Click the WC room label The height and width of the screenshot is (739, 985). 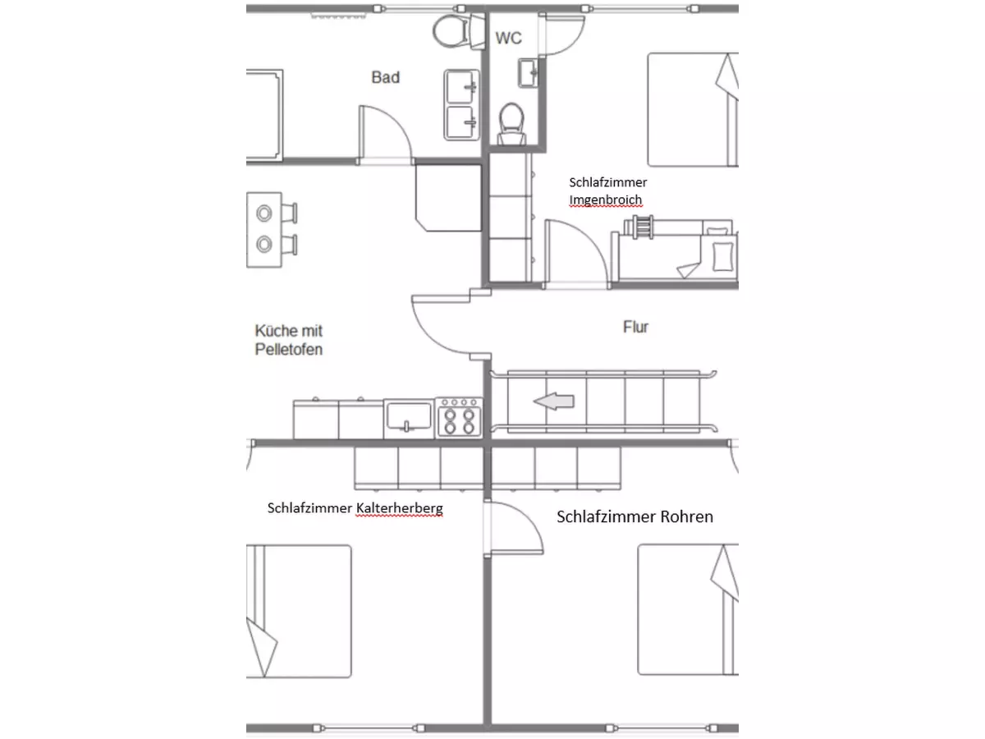pyautogui.click(x=508, y=38)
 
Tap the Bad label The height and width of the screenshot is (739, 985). pyautogui.click(x=386, y=77)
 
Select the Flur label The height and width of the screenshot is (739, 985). pyautogui.click(x=635, y=327)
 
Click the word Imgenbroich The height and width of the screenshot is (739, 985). pyautogui.click(x=605, y=200)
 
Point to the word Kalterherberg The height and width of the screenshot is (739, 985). pyautogui.click(x=400, y=508)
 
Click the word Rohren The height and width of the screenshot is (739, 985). pyautogui.click(x=686, y=516)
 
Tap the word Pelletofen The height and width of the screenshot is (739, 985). pyautogui.click(x=289, y=350)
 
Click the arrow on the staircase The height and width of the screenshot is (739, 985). pyautogui.click(x=554, y=401)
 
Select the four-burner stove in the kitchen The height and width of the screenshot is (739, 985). pyautogui.click(x=459, y=418)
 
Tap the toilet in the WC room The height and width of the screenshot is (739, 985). pyautogui.click(x=511, y=124)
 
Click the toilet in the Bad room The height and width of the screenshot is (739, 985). pyautogui.click(x=459, y=31)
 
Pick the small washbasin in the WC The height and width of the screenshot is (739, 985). pyautogui.click(x=528, y=73)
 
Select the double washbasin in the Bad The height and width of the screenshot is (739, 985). pyautogui.click(x=461, y=105)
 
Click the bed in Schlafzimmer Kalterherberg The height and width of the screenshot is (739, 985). pyautogui.click(x=299, y=611)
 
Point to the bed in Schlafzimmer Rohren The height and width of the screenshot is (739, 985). pyautogui.click(x=688, y=609)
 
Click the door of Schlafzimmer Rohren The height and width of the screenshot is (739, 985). pyautogui.click(x=515, y=529)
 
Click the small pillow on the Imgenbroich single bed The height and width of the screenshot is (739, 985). pyautogui.click(x=723, y=256)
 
